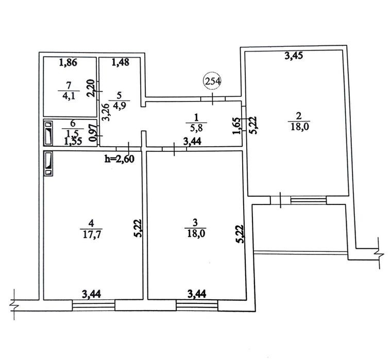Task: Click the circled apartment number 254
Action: click(x=212, y=81)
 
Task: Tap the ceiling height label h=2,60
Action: click(x=120, y=159)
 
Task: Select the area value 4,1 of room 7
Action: click(x=69, y=96)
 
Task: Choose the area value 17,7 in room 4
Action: click(x=91, y=234)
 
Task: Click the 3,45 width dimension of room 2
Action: click(x=294, y=56)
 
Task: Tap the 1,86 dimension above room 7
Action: click(x=69, y=63)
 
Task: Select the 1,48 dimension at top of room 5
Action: click(x=121, y=62)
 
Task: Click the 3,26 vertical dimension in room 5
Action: click(x=106, y=112)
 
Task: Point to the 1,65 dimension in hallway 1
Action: click(x=236, y=126)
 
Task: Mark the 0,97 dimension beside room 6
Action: click(x=93, y=133)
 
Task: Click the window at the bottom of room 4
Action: click(x=94, y=305)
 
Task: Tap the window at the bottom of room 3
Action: click(x=197, y=305)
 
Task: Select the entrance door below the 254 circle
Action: click(x=213, y=99)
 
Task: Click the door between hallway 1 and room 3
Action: click(x=174, y=149)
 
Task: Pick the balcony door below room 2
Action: click(x=280, y=200)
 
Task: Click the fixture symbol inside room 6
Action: click(x=48, y=133)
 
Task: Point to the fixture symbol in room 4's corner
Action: click(x=48, y=164)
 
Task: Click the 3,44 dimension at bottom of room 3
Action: click(x=197, y=294)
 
